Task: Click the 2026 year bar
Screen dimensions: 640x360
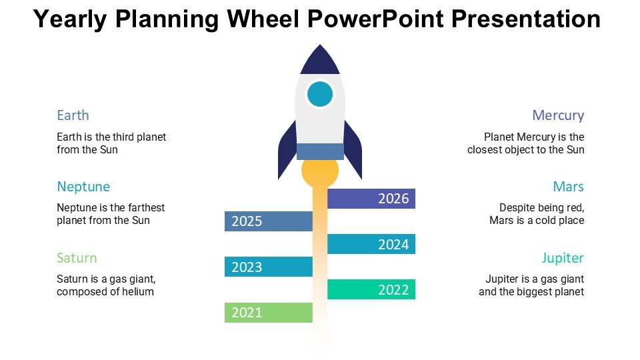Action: coord(371,199)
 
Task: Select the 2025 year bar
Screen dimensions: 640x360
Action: coord(269,221)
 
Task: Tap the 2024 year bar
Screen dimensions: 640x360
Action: coord(371,244)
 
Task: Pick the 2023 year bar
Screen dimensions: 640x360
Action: coord(269,267)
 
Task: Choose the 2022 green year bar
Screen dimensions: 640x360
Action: coord(371,289)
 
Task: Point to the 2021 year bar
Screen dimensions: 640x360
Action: coord(269,313)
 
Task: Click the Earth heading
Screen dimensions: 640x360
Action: coord(73,115)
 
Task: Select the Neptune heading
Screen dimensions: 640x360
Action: coord(83,187)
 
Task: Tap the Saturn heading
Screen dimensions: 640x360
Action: coord(77,258)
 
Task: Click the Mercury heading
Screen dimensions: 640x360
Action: coord(558,115)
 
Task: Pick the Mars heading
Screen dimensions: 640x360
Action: coord(568,187)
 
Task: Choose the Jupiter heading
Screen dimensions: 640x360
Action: coord(563,259)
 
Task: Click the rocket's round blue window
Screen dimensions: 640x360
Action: coord(320,94)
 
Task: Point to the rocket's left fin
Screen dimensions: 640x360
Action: coord(287,150)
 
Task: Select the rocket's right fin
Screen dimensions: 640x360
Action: coord(353,150)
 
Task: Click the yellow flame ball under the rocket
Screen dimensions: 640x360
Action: coord(320,171)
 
